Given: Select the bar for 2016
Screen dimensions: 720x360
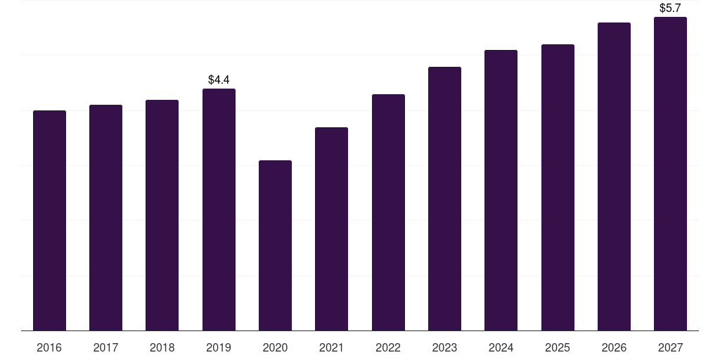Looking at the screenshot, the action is (x=50, y=220).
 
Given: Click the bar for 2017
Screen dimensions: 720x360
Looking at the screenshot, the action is (x=105, y=218).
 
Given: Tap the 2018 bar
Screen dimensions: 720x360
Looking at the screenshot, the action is (x=162, y=215).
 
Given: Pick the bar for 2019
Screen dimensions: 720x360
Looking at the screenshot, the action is (x=219, y=210).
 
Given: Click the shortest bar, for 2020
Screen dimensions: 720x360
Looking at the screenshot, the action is (x=275, y=245).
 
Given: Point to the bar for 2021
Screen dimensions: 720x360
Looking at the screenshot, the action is (x=332, y=229).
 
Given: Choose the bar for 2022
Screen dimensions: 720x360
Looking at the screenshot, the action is (x=388, y=212).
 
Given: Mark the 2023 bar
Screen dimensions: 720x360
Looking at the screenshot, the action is (x=444, y=198).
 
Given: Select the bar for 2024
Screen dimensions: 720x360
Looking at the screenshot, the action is (x=501, y=190).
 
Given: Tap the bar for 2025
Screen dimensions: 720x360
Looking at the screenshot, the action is (x=558, y=187).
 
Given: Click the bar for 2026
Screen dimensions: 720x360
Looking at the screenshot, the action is (x=614, y=176).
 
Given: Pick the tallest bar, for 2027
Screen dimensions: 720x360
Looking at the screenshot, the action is (x=670, y=174).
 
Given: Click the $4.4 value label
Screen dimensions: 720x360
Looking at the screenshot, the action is (x=219, y=80).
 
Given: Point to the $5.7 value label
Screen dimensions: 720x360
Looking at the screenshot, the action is (x=670, y=8).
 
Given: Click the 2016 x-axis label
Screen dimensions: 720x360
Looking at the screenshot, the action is (x=49, y=347).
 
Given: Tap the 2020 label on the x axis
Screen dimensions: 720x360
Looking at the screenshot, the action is (x=275, y=347).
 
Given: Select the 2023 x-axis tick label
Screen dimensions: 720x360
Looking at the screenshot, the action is (x=444, y=347).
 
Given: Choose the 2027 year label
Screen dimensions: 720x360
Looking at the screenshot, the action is (x=670, y=347).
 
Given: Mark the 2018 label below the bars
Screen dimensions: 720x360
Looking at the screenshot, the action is (x=162, y=347).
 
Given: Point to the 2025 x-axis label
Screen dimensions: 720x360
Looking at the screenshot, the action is (x=558, y=347).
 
